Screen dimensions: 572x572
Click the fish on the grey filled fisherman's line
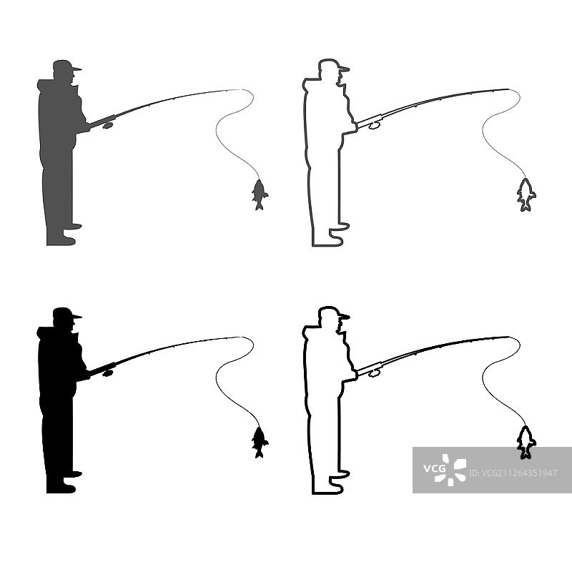pyautogui.click(x=260, y=195)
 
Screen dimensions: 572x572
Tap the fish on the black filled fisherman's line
pyautogui.click(x=260, y=443)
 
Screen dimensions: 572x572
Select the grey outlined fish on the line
pyautogui.click(x=526, y=195)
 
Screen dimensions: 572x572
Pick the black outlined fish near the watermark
pyautogui.click(x=526, y=443)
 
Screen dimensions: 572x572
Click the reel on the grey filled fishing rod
pyautogui.click(x=108, y=125)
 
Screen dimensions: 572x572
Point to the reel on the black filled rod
pyautogui.click(x=108, y=373)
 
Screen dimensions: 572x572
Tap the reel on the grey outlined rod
pyautogui.click(x=375, y=126)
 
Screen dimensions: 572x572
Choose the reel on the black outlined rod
pyautogui.click(x=375, y=373)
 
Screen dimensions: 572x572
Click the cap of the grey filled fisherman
pyautogui.click(x=66, y=66)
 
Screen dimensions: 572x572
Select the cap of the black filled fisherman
pyautogui.click(x=66, y=313)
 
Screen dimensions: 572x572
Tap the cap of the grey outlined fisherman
pyautogui.click(x=332, y=65)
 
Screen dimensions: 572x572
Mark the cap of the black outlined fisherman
pyautogui.click(x=332, y=312)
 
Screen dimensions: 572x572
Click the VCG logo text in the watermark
pyautogui.click(x=434, y=468)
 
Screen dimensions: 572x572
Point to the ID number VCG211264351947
pyautogui.click(x=513, y=473)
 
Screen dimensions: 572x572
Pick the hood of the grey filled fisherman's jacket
pyautogui.click(x=46, y=85)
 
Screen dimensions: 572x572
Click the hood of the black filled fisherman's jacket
pyautogui.click(x=46, y=332)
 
